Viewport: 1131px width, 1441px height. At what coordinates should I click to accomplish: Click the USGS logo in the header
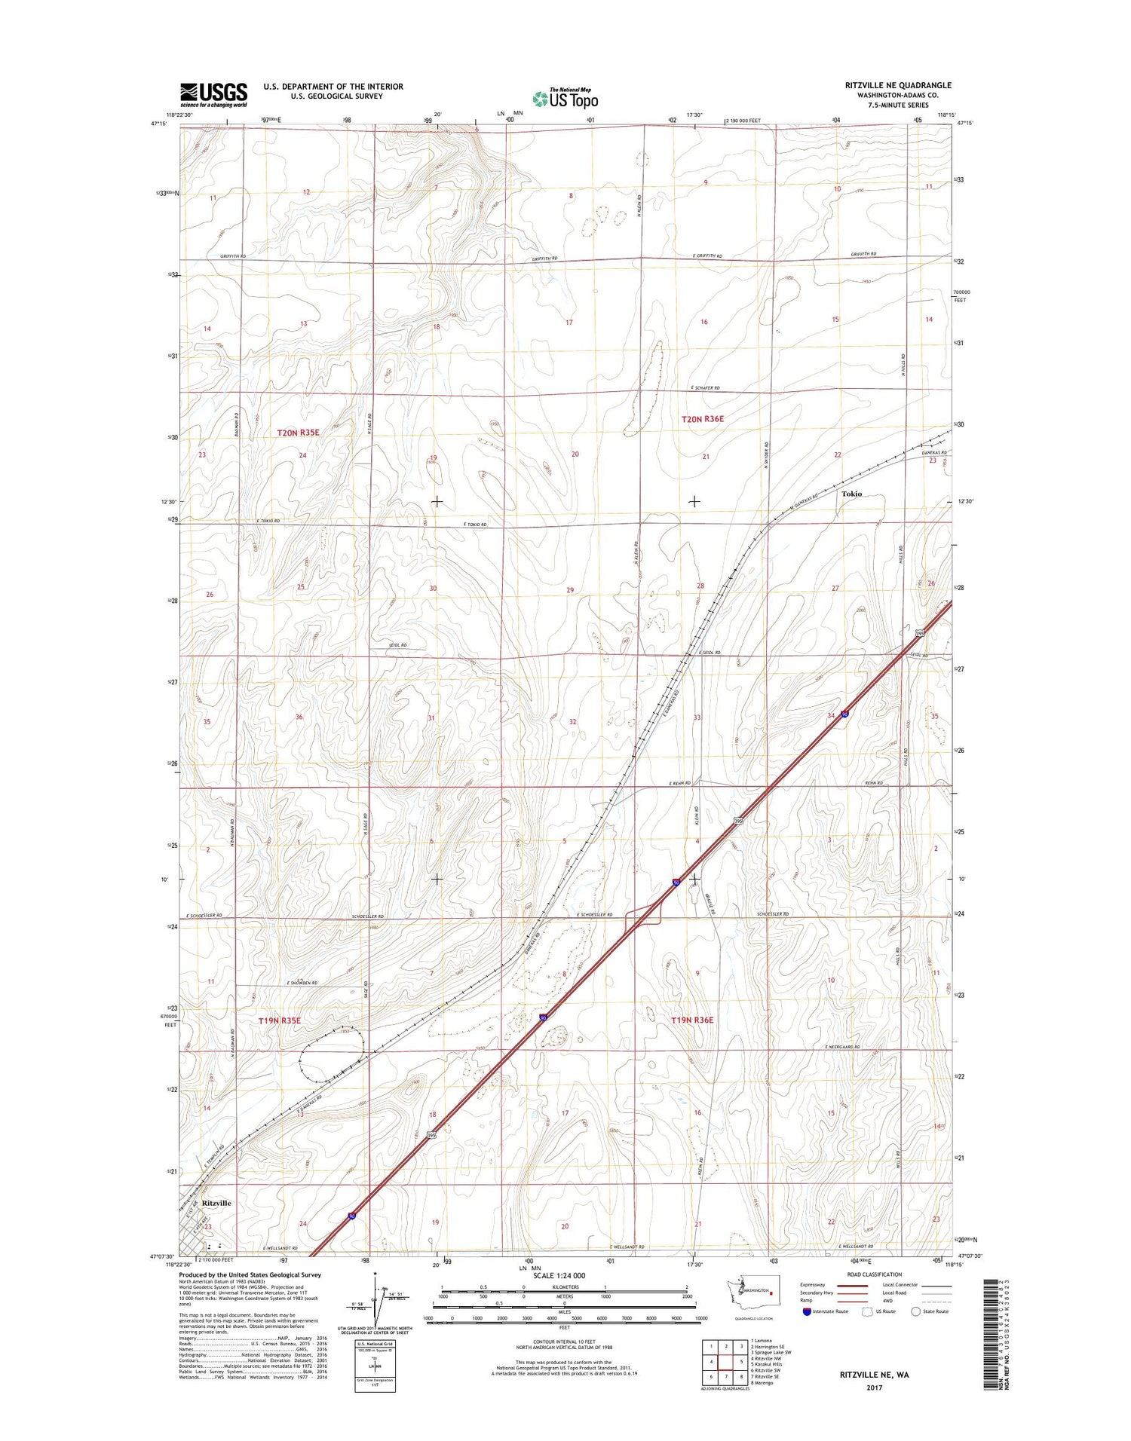[x=213, y=94]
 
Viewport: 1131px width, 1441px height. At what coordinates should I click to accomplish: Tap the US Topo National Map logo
[x=565, y=98]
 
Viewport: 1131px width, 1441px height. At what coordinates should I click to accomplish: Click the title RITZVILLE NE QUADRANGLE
[x=898, y=86]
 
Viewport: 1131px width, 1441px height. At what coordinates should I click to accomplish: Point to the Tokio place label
[x=851, y=494]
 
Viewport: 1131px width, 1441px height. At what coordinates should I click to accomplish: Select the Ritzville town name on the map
[x=216, y=1203]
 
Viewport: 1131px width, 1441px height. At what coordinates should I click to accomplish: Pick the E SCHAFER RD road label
[x=705, y=388]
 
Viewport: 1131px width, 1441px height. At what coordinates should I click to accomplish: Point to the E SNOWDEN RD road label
[x=302, y=984]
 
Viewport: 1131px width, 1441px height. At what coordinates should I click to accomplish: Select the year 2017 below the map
[x=874, y=1387]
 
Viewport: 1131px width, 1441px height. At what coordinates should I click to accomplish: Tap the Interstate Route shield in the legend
[x=808, y=1311]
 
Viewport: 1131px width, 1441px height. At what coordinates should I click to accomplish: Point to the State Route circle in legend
[x=916, y=1311]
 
